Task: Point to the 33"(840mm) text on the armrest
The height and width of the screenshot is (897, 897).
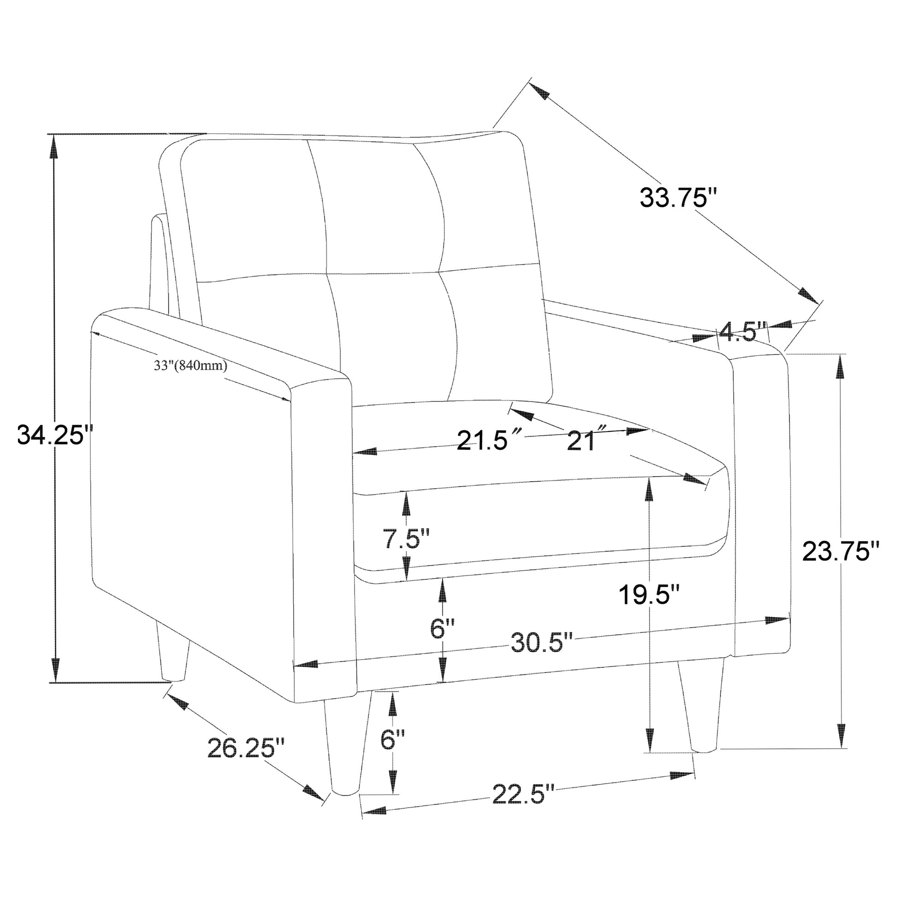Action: pyautogui.click(x=190, y=366)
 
